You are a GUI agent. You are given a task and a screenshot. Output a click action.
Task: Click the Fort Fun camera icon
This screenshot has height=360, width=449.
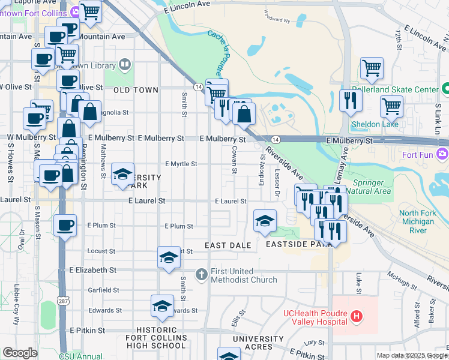click(442, 154)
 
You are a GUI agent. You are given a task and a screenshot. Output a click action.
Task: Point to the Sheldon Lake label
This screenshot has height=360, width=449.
click(366, 124)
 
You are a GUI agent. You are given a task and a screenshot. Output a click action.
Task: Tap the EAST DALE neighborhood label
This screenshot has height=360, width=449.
click(228, 245)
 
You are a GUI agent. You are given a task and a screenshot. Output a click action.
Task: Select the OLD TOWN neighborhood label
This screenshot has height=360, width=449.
click(136, 90)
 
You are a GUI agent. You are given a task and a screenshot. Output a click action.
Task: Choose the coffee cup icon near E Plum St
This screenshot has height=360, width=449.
click(65, 226)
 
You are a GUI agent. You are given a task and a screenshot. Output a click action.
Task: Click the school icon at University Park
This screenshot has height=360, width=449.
click(123, 174)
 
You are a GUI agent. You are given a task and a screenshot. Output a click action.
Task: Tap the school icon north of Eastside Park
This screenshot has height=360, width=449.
click(265, 221)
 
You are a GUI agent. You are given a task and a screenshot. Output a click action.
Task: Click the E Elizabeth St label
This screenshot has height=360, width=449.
click(93, 271)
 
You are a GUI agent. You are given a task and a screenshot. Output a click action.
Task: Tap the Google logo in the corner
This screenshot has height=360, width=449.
click(20, 353)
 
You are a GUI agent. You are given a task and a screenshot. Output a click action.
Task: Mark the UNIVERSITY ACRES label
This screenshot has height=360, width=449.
click(258, 339)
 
